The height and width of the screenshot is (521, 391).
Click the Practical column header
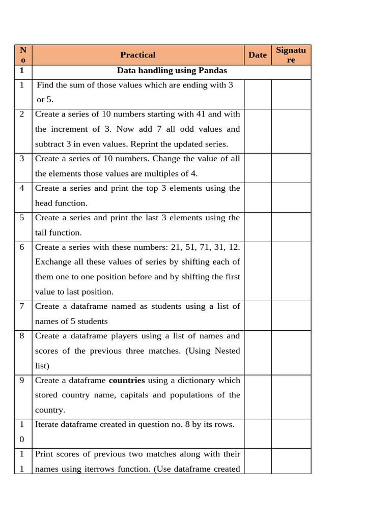click(x=137, y=55)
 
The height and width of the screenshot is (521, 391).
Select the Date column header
click(x=257, y=55)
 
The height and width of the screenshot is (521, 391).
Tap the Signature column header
click(x=291, y=55)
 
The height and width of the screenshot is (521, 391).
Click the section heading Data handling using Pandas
click(x=172, y=71)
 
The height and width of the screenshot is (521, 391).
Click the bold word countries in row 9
click(x=127, y=381)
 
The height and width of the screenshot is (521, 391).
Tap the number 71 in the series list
click(x=195, y=247)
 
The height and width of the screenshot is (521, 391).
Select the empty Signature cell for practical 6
click(x=291, y=271)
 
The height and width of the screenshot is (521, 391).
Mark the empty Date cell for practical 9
click(x=257, y=397)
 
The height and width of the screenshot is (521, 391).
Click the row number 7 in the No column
click(x=22, y=306)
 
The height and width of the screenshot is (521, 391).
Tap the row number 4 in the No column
click(x=22, y=188)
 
